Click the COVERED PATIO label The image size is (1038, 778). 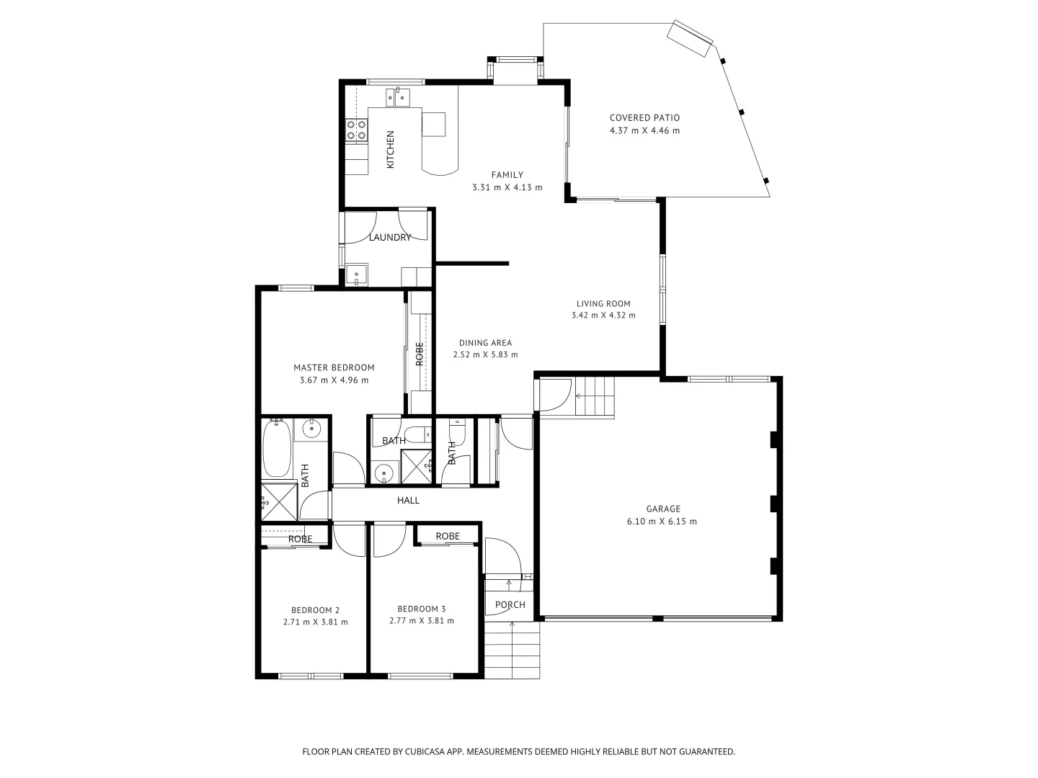(644, 117)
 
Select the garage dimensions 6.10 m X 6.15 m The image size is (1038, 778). (662, 522)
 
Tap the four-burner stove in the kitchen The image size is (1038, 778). (356, 130)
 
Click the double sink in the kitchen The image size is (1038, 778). (398, 96)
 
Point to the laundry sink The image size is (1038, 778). (356, 274)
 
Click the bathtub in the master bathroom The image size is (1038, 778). (277, 449)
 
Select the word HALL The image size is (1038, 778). (408, 500)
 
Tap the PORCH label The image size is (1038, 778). (510, 604)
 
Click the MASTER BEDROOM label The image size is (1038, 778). (334, 367)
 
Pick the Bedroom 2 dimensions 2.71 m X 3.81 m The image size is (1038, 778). (315, 622)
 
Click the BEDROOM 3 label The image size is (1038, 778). (422, 608)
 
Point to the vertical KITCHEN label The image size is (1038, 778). (391, 149)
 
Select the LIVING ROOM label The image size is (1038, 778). (603, 303)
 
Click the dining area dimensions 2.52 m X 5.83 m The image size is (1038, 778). (485, 354)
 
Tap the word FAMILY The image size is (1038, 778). (507, 174)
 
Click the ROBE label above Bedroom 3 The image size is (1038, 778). (447, 536)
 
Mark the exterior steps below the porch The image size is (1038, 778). (513, 650)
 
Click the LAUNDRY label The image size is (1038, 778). (389, 237)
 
